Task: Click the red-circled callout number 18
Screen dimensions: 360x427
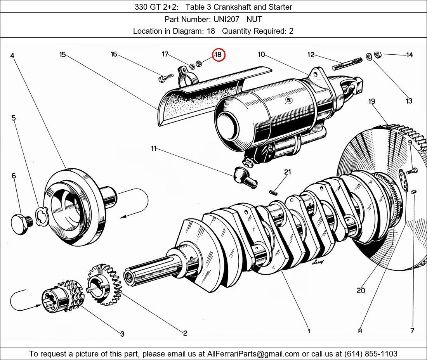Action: click(x=218, y=55)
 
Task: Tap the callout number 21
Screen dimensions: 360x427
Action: click(x=287, y=172)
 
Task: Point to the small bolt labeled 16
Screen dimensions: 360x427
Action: click(x=163, y=79)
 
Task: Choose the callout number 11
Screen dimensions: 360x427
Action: click(x=154, y=149)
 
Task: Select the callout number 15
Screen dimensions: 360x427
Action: click(x=62, y=55)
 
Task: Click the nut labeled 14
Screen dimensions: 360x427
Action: click(x=378, y=55)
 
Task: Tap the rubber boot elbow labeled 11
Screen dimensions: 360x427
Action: click(x=245, y=177)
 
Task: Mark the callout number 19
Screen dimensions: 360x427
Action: click(x=372, y=102)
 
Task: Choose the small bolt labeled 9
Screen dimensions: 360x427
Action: click(x=413, y=170)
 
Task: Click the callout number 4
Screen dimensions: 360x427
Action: click(x=12, y=56)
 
